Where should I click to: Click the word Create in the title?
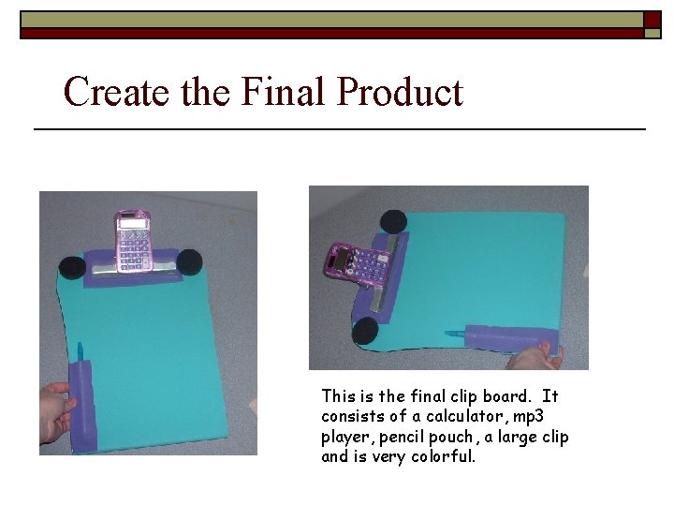tap(104, 92)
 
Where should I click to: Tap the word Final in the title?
tap(283, 92)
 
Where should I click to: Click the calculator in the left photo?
tap(133, 239)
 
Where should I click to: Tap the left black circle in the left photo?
tap(71, 268)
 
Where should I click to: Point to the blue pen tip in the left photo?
tap(81, 350)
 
